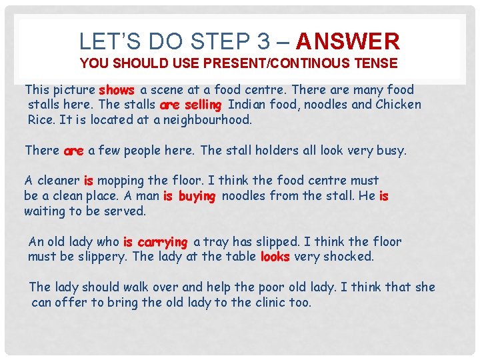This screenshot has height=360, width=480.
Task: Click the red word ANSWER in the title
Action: click(348, 41)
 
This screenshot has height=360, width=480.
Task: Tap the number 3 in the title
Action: click(263, 41)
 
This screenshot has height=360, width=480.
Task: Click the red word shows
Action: click(117, 90)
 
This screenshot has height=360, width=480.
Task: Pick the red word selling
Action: click(203, 105)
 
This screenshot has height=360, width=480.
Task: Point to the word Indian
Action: click(247, 105)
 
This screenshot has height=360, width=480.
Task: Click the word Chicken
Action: click(398, 105)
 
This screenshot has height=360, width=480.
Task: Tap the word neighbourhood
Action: click(207, 120)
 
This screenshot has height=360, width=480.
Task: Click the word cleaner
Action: click(59, 181)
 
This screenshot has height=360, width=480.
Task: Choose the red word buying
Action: click(197, 197)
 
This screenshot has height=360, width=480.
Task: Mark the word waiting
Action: click(45, 211)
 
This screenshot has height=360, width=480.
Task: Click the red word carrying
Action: click(162, 243)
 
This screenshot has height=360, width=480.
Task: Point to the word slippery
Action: click(102, 257)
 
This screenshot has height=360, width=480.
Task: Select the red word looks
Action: click(275, 257)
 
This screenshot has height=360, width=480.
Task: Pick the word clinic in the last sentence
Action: click(270, 303)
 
